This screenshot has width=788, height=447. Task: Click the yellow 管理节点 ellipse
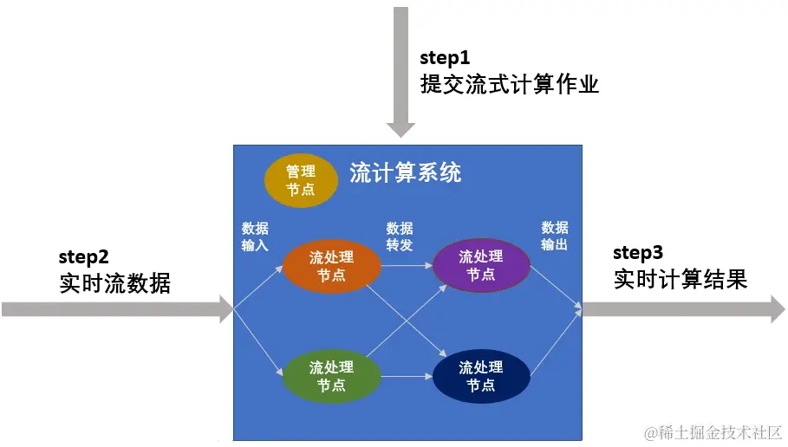pos(301,180)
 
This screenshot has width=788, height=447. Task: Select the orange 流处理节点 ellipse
pos(332,266)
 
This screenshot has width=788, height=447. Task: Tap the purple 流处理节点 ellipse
pos(480,265)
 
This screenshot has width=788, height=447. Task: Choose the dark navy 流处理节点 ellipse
pos(480,376)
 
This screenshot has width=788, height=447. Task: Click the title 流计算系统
pos(406,172)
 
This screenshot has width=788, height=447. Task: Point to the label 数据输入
pos(255,236)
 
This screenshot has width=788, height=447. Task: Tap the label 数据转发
pos(400,236)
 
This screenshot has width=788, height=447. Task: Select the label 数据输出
pos(555,236)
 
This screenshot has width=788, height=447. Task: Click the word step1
pos(445,58)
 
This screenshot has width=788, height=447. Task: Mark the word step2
pos(84,256)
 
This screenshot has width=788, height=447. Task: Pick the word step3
pos(638,253)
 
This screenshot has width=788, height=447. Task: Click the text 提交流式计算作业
pos(510,84)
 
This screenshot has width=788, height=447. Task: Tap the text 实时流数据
pos(115,283)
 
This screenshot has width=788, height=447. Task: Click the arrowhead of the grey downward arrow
pos(401,129)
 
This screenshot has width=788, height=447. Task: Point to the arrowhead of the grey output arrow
pos(778,308)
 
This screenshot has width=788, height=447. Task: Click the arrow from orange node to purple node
pos(407,265)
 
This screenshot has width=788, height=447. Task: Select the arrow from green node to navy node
pos(407,377)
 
